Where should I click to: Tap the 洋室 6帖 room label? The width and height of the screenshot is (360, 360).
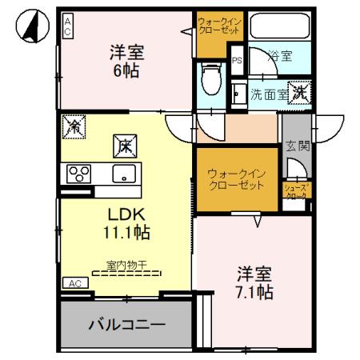click(x=126, y=62)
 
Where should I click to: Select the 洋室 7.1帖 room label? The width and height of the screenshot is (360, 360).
click(x=254, y=281)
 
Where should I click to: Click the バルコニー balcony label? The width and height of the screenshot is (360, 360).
click(x=126, y=326)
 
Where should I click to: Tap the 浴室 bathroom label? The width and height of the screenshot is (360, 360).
click(x=280, y=56)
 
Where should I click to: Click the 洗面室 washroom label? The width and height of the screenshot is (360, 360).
click(x=267, y=94)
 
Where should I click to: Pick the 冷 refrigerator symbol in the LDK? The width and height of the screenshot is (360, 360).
click(x=74, y=126)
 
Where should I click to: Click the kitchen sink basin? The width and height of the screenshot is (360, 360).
click(x=125, y=174)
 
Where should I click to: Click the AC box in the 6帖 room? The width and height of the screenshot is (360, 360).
click(x=68, y=25)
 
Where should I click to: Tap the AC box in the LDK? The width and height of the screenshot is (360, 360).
click(x=74, y=284)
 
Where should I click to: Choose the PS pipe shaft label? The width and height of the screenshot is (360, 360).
click(x=237, y=60)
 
